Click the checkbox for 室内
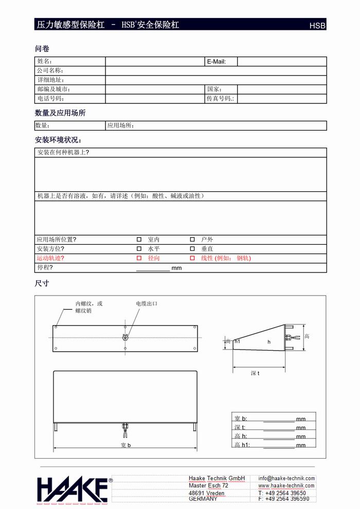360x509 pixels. coord(139,240)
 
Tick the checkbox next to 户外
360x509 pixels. coord(192,240)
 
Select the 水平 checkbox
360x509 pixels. coord(139,249)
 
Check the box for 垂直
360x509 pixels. coord(192,249)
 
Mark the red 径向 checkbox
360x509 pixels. coord(139,258)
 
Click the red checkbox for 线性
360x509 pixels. coord(192,258)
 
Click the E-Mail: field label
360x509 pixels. coord(216,62)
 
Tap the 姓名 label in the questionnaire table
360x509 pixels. coord(45,62)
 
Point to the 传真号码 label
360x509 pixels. coord(220,99)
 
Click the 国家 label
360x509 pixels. coord(214,89)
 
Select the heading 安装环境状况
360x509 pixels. coord(58,140)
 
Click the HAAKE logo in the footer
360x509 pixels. coord(72,489)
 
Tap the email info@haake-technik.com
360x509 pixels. coord(286,478)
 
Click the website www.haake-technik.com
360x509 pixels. coord(286,485)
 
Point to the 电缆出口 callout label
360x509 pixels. coord(147,304)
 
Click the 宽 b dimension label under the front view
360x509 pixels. coord(126,445)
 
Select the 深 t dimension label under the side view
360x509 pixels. coord(255,373)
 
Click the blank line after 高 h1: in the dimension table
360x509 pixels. coord(279,446)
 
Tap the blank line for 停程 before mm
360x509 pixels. coord(153,268)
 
